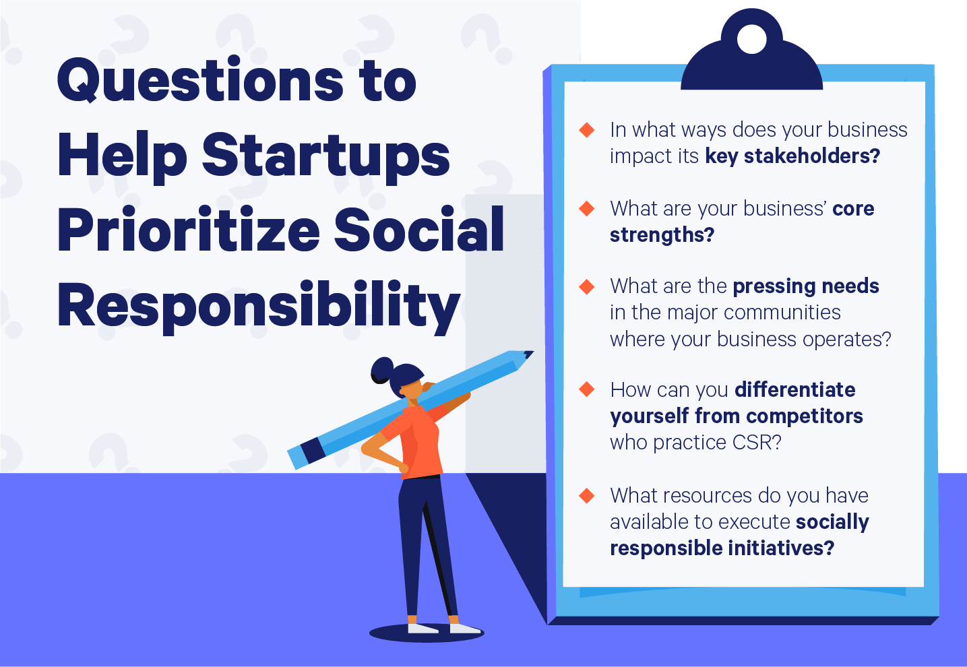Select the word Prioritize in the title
[x=189, y=230]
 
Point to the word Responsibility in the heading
[x=259, y=307]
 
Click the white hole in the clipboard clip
[x=751, y=40]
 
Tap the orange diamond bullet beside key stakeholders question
[x=587, y=129]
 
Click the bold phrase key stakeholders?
[x=792, y=156]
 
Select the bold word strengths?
[x=662, y=235]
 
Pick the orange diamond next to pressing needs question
[x=587, y=286]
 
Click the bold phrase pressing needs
[x=805, y=286]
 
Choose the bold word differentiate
[x=794, y=390]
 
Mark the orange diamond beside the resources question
[x=587, y=496]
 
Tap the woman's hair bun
[x=381, y=370]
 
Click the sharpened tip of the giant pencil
[x=528, y=354]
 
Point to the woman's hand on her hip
[x=402, y=467]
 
